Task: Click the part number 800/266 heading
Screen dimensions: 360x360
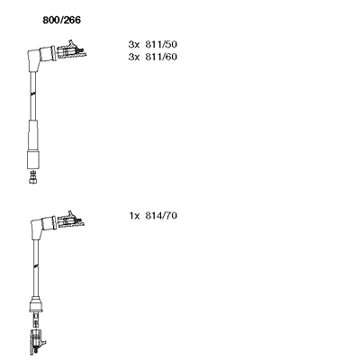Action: pyautogui.click(x=61, y=20)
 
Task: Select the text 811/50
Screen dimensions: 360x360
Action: pyautogui.click(x=161, y=44)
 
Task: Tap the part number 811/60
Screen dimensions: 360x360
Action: pyautogui.click(x=161, y=57)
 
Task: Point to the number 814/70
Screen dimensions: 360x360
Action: pyautogui.click(x=161, y=215)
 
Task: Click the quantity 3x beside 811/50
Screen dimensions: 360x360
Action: pyautogui.click(x=134, y=44)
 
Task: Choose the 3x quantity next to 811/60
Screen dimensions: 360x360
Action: pyautogui.click(x=134, y=57)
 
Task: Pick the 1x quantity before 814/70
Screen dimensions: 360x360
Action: pyautogui.click(x=134, y=215)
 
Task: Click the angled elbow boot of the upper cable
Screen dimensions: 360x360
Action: pyautogui.click(x=38, y=58)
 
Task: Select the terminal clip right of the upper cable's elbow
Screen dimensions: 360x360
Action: pyautogui.click(x=71, y=51)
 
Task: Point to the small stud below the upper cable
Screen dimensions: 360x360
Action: pyautogui.click(x=33, y=177)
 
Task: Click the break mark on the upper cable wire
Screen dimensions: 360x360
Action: pyautogui.click(x=33, y=94)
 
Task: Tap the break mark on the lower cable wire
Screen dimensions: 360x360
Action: pyautogui.click(x=36, y=265)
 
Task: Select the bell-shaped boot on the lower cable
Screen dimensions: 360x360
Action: pyautogui.click(x=36, y=304)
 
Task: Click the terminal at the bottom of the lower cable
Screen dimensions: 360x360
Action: pyautogui.click(x=37, y=342)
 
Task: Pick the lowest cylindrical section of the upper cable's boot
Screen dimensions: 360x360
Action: pyautogui.click(x=33, y=160)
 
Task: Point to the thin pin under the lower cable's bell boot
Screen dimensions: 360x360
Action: pyautogui.click(x=36, y=320)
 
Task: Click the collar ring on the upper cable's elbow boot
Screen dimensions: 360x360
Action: pyautogui.click(x=53, y=53)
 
